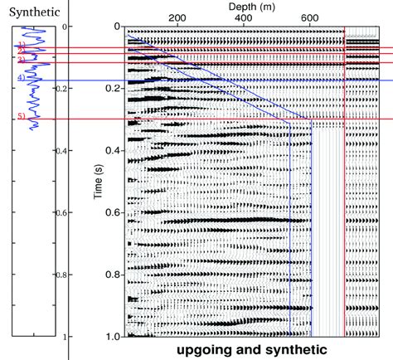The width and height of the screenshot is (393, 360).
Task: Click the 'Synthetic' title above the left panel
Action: click(28, 12)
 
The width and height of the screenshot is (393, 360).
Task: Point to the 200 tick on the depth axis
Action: click(176, 17)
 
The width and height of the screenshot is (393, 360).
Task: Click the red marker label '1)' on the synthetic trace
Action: click(19, 46)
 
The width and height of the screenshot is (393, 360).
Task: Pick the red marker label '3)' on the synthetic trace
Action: click(19, 61)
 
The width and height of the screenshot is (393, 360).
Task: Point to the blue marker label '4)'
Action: click(18, 78)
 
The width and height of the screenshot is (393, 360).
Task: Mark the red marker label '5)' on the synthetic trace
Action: click(19, 117)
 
